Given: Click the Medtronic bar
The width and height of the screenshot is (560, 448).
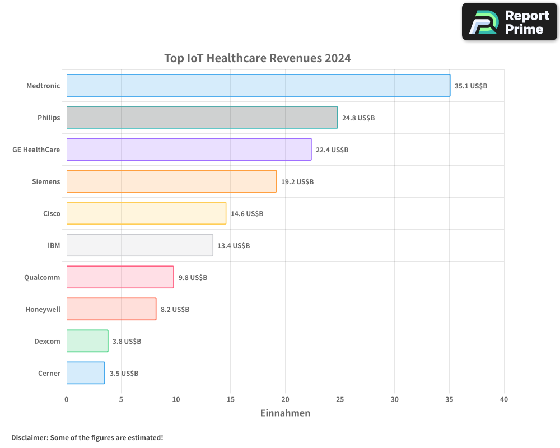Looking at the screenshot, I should (258, 86).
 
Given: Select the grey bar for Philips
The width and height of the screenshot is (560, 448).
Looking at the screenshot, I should (202, 118).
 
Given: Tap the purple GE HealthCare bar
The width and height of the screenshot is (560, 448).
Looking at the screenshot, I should (189, 150).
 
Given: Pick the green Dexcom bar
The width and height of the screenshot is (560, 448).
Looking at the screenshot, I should (87, 341).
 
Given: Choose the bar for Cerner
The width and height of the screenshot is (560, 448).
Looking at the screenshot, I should (86, 373).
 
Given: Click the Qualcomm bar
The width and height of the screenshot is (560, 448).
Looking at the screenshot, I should (120, 277).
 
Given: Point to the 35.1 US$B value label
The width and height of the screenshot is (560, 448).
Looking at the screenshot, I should (471, 86).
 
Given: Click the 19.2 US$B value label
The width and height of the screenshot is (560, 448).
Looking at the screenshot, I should (297, 182).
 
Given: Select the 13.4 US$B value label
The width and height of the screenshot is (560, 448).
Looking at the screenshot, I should (234, 246).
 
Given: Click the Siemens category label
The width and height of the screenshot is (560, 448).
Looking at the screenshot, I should (46, 182).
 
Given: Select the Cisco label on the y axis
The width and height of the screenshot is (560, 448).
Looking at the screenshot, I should (52, 214).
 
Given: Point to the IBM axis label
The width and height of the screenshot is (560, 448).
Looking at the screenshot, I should (54, 246).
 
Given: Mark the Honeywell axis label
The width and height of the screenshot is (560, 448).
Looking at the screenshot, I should (43, 310).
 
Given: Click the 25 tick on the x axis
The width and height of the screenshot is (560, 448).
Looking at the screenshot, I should (340, 399).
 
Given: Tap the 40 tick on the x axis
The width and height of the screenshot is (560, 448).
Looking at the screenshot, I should (504, 399).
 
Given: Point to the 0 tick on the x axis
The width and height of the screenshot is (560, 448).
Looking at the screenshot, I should (67, 399).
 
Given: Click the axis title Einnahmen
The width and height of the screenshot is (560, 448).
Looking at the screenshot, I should (285, 413).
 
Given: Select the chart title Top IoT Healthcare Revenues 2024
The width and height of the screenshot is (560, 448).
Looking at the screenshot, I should (258, 58).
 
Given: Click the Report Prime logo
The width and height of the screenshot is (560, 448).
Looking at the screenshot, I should (510, 22).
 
